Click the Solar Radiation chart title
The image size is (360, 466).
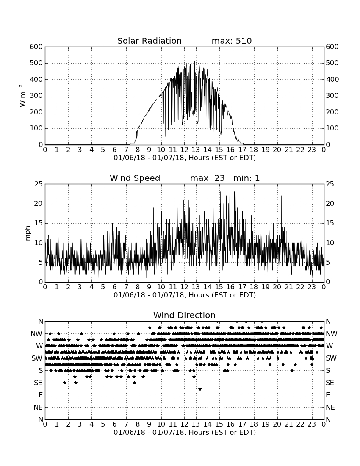150,41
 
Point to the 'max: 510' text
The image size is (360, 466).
232,41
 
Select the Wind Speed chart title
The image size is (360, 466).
135,178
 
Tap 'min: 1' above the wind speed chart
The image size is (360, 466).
246,178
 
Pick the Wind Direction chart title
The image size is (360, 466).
184,315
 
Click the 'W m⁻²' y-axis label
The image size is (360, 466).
22,96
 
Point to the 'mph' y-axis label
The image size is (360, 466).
28,233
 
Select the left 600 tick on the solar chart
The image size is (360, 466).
36,47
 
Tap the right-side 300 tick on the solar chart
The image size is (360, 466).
332,96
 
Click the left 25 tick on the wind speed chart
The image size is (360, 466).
39,184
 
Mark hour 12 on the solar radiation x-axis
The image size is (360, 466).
184,150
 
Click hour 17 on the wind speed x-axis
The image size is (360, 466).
242,287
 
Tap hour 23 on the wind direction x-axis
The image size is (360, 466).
312,424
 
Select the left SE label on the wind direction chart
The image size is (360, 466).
38,383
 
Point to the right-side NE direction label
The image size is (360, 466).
330,407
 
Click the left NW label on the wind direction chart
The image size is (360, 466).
36,334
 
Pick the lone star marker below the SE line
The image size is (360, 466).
200,389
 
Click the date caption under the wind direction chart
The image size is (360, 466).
185,432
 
